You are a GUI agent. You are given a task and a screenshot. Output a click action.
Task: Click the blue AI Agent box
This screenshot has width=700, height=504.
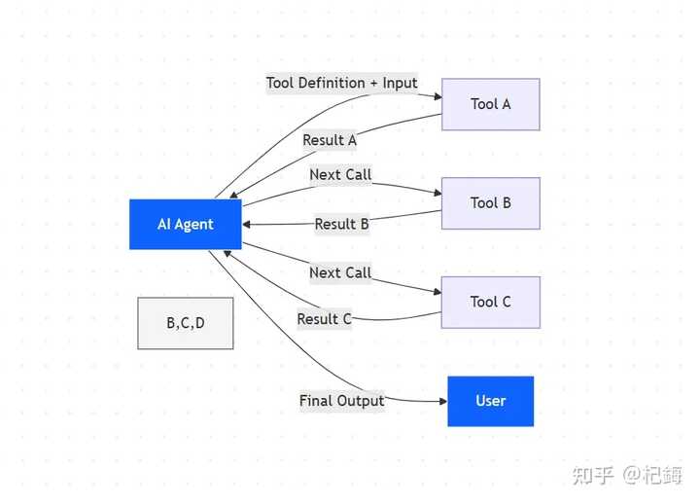click(186, 224)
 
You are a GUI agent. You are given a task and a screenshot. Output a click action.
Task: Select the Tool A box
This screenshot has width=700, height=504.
click(490, 104)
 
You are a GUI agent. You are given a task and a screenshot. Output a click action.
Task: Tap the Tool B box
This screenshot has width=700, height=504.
click(490, 203)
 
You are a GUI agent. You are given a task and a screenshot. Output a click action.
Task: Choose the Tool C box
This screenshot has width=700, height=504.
click(490, 302)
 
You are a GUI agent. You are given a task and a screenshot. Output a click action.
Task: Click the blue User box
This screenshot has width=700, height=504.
click(490, 401)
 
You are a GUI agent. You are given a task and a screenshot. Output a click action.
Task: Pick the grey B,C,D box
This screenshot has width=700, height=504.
click(186, 323)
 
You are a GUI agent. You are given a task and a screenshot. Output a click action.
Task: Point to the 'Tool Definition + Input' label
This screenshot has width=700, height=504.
click(342, 83)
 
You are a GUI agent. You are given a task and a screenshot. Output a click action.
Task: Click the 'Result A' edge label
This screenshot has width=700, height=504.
click(330, 140)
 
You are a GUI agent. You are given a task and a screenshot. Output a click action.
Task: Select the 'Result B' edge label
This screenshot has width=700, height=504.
click(341, 224)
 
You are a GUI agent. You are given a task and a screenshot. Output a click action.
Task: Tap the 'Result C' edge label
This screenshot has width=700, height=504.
click(324, 319)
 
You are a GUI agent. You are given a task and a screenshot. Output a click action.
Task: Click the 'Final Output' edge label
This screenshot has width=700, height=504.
click(341, 401)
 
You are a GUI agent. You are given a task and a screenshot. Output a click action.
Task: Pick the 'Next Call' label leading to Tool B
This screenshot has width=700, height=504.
click(340, 175)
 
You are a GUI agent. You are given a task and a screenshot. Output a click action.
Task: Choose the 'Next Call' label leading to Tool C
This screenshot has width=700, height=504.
click(340, 272)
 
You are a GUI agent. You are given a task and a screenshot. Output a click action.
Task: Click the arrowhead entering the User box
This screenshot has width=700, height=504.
click(442, 401)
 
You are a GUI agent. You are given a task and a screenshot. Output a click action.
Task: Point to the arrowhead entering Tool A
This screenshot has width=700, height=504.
click(437, 95)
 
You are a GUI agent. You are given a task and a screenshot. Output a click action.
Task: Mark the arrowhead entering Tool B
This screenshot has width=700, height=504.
click(437, 194)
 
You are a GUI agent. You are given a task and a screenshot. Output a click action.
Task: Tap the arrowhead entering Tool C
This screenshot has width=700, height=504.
click(437, 292)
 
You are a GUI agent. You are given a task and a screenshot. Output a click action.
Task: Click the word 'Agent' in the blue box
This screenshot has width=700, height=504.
click(194, 224)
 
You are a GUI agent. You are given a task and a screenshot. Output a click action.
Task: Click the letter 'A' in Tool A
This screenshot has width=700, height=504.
click(506, 104)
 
